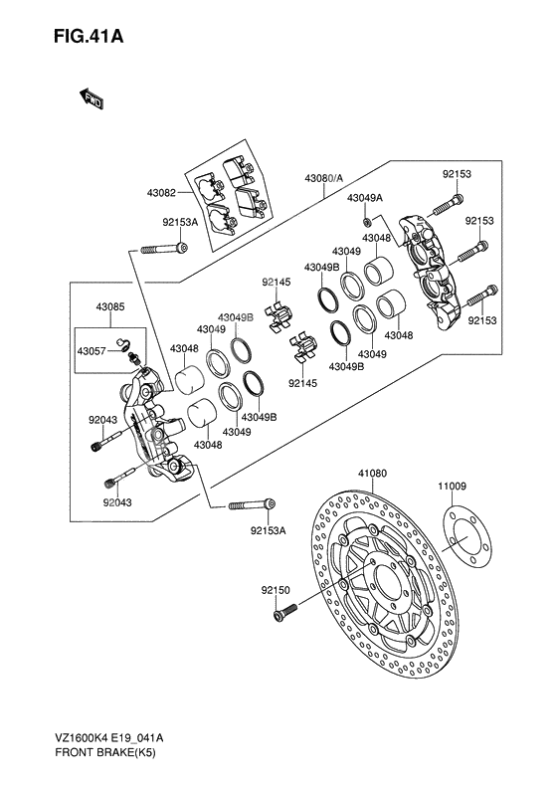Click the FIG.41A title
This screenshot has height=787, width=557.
(x=89, y=37)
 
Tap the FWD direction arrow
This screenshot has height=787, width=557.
(x=92, y=98)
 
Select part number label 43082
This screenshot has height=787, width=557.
(x=161, y=192)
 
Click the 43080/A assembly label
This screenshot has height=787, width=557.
(x=323, y=178)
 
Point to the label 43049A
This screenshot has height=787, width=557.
(x=365, y=198)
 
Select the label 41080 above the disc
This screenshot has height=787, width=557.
(x=372, y=473)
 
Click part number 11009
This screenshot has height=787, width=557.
(x=452, y=486)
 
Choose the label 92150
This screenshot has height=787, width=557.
(x=276, y=590)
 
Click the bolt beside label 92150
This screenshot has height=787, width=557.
(x=285, y=612)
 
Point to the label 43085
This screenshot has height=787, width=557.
(x=109, y=306)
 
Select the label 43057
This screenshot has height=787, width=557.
(x=92, y=350)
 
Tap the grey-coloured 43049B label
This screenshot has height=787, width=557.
(x=236, y=317)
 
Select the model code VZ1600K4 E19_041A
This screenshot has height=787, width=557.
(x=108, y=738)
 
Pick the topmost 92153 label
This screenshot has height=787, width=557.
(x=457, y=174)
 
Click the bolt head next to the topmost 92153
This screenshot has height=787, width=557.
(x=457, y=201)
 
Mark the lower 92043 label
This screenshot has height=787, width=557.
(x=117, y=502)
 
